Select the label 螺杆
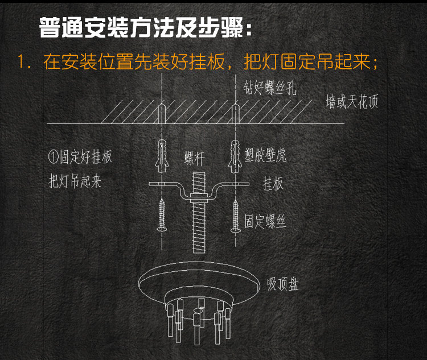tap(194, 159)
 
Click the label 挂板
tap(273, 185)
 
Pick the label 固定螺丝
tap(265, 221)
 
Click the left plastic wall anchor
tap(161, 154)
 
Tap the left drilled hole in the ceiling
tap(162, 113)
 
